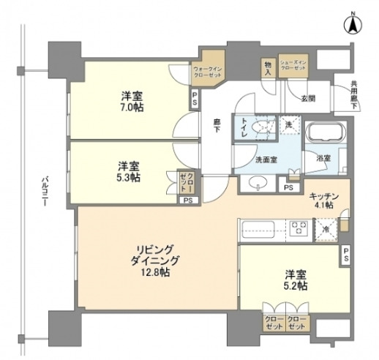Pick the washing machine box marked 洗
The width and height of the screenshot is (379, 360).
tap(289, 126)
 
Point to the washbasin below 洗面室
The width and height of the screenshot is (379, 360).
tap(258, 182)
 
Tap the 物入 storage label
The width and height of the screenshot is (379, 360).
tap(268, 69)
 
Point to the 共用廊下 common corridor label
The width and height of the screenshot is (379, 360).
tap(353, 96)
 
